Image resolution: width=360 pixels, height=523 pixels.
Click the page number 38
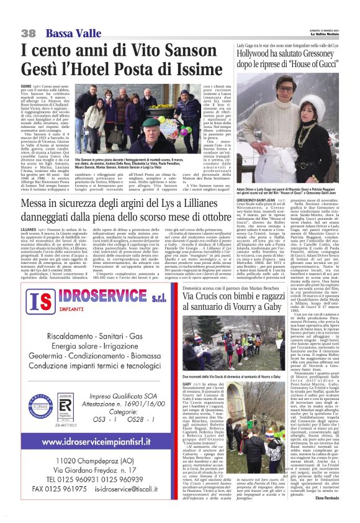tap(29, 33)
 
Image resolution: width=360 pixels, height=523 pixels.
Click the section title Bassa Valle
tap(67, 33)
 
